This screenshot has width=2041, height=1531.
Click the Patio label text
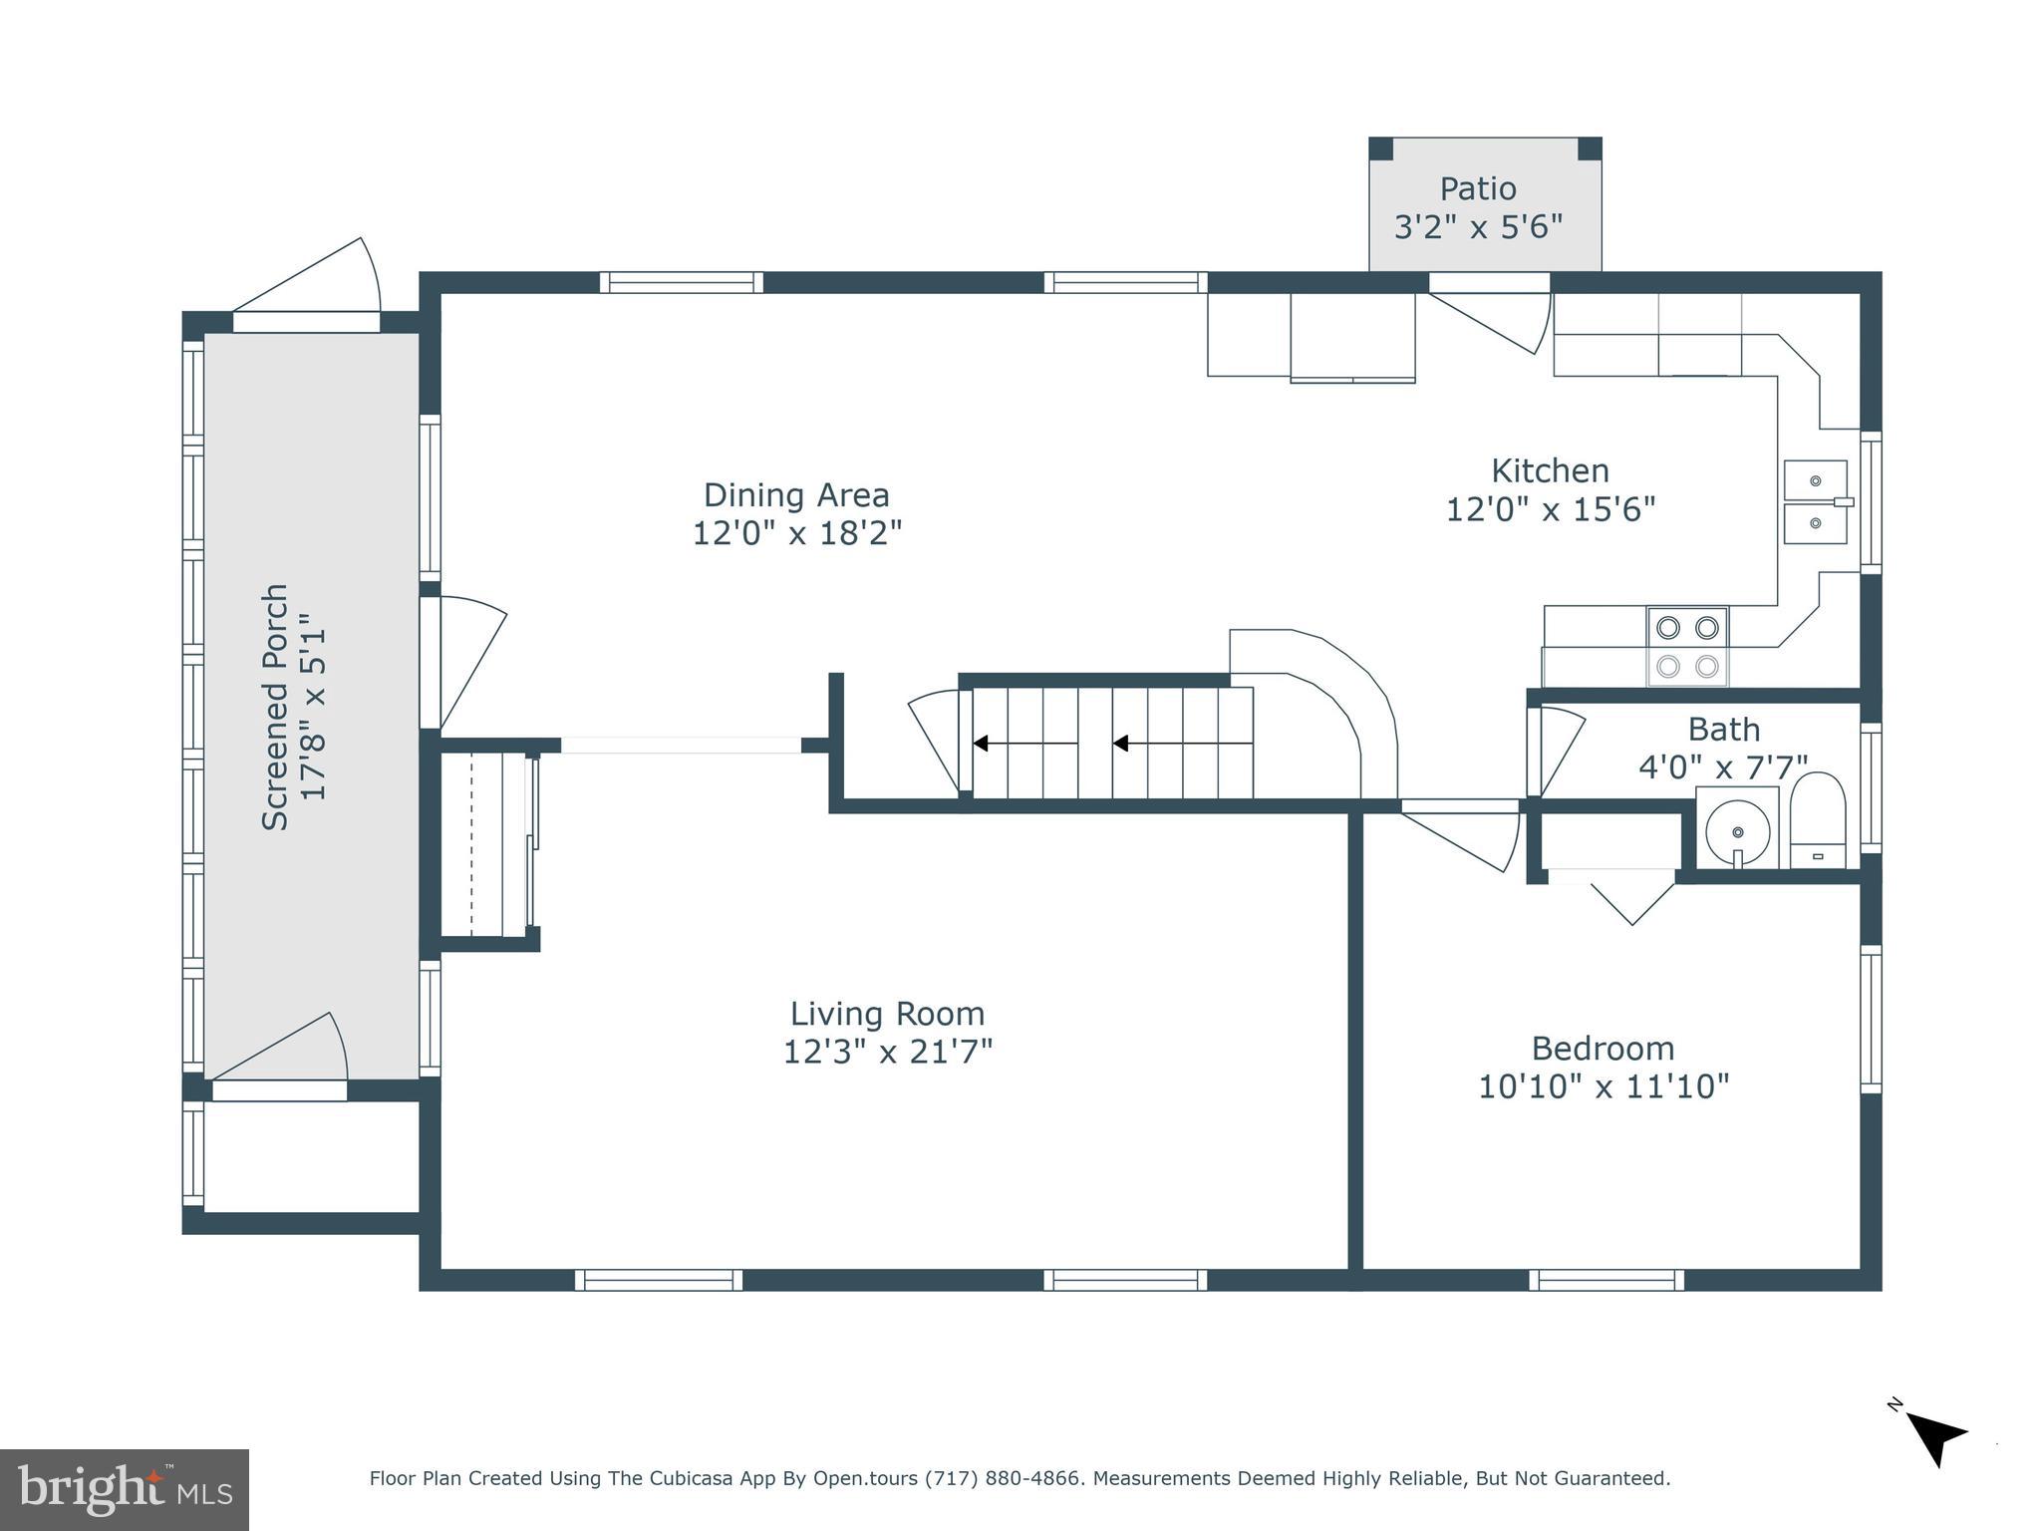click(x=1477, y=188)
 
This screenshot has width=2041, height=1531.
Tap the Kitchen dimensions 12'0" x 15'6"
click(x=1550, y=509)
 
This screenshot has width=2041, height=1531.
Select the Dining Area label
click(x=795, y=494)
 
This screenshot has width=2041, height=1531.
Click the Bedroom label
click(x=1603, y=1048)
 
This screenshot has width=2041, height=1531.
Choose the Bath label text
click(x=1723, y=729)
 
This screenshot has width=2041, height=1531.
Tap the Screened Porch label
click(x=275, y=707)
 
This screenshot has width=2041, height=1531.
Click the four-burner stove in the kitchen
click(x=1687, y=646)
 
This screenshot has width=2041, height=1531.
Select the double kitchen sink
click(x=1815, y=501)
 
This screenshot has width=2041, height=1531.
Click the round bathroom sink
click(x=1737, y=829)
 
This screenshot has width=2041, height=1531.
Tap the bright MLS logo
click(x=125, y=1489)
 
